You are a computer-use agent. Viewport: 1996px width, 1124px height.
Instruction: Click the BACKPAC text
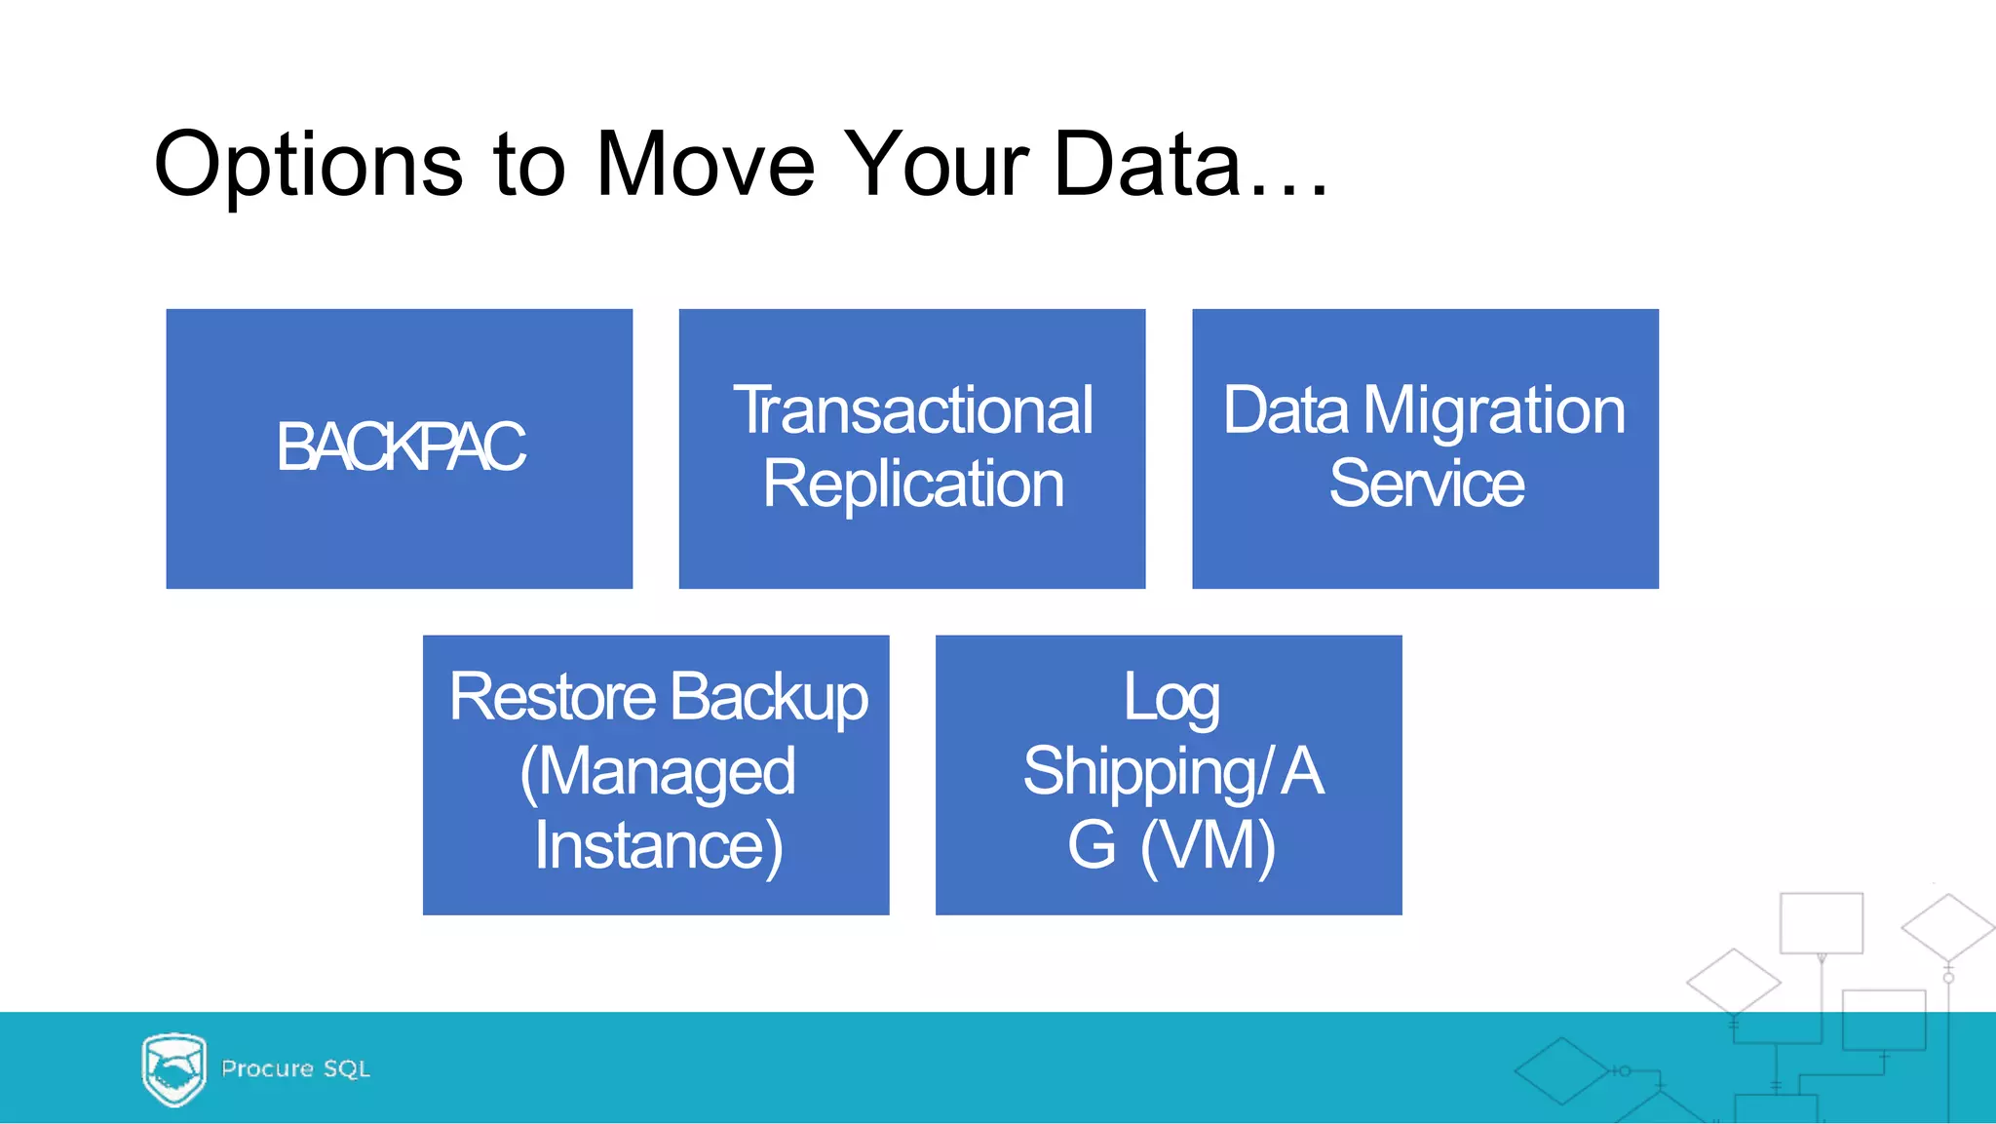pyautogui.click(x=400, y=447)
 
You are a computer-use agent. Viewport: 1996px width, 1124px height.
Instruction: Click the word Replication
pyautogui.click(x=912, y=484)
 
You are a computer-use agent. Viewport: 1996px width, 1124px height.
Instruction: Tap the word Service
pyautogui.click(x=1426, y=484)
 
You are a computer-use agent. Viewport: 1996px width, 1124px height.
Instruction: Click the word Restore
pyautogui.click(x=553, y=698)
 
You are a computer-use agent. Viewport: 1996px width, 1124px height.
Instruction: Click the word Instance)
pyautogui.click(x=658, y=846)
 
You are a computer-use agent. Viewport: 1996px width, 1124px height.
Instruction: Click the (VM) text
pyautogui.click(x=1208, y=846)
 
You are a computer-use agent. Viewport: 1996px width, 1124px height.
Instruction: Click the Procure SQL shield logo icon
pyautogui.click(x=173, y=1069)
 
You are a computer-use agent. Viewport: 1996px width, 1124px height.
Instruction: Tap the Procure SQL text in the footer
pyautogui.click(x=295, y=1068)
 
